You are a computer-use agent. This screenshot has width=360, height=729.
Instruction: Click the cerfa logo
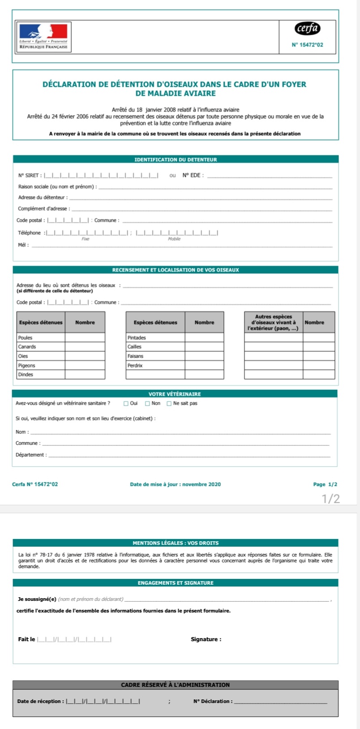(x=308, y=29)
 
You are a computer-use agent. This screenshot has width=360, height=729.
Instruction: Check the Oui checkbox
(x=126, y=403)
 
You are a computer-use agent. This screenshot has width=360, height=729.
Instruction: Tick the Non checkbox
(x=148, y=403)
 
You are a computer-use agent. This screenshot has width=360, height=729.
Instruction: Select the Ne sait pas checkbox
(x=169, y=403)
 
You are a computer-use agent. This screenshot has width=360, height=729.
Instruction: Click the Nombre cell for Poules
(x=85, y=337)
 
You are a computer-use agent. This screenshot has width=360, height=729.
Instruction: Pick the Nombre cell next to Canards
(x=85, y=347)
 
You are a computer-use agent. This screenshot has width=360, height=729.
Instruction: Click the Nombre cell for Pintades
(x=204, y=337)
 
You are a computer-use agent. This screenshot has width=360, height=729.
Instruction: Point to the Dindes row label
(x=26, y=375)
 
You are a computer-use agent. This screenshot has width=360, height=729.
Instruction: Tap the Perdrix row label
(x=135, y=366)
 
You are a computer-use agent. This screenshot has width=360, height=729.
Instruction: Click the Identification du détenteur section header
(x=176, y=160)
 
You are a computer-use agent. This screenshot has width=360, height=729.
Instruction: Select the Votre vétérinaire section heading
(x=175, y=394)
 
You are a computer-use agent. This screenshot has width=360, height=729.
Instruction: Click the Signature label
(x=206, y=639)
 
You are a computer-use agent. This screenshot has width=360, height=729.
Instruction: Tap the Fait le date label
(x=26, y=639)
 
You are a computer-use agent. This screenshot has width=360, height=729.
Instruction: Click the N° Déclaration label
(x=213, y=701)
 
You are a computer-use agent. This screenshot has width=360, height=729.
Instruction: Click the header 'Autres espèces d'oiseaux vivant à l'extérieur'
(x=273, y=323)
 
